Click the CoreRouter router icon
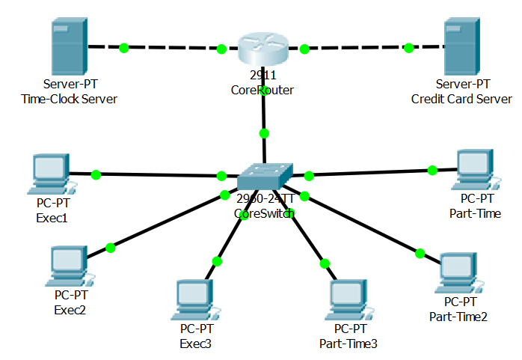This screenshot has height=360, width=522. [262, 49]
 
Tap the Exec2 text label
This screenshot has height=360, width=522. [70, 310]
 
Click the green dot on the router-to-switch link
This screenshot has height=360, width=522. [263, 134]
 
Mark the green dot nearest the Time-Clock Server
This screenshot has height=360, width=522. [123, 48]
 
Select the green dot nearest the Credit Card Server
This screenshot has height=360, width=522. [409, 48]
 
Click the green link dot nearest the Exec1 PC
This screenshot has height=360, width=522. [96, 175]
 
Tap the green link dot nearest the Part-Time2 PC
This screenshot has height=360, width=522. [420, 253]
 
